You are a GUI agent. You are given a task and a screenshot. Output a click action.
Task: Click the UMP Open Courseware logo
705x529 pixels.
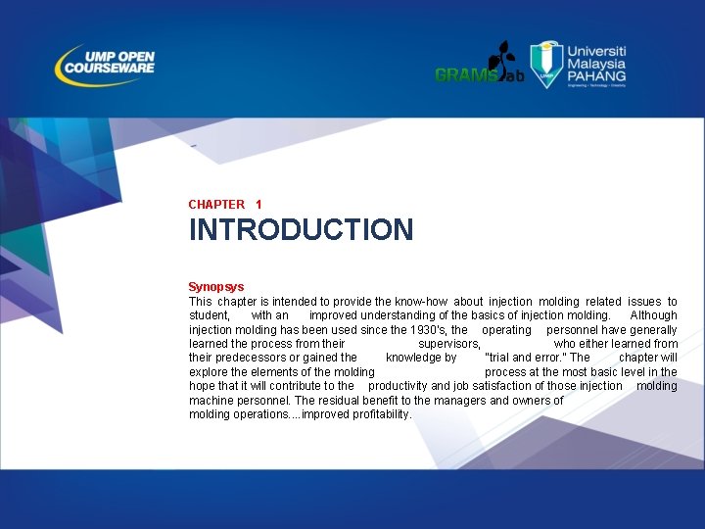pos(106,65)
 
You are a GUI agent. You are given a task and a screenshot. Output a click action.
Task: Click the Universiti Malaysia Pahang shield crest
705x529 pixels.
pos(546,65)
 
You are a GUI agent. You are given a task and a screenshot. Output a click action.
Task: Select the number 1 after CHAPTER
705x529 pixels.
pos(258,205)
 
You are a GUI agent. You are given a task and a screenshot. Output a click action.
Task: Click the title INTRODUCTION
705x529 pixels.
pos(301,230)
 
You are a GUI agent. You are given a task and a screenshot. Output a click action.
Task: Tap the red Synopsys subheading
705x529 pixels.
pos(216,287)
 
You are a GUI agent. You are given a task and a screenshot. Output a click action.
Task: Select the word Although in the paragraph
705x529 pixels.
pos(653,315)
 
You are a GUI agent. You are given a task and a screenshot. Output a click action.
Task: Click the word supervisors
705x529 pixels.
pos(448,344)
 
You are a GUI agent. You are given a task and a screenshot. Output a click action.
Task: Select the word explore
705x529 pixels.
pos(209,372)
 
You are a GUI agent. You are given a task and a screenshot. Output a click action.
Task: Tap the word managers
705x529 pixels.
pos(461,400)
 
